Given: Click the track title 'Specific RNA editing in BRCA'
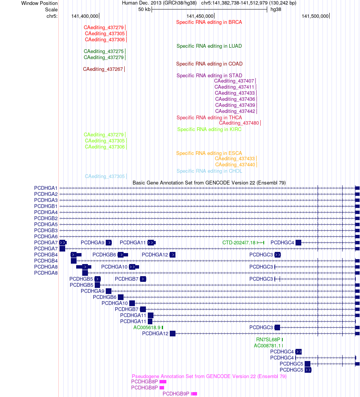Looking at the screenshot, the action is [x=209, y=22].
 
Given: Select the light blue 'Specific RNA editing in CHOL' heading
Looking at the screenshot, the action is [x=209, y=171].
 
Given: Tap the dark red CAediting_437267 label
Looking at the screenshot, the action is [x=103, y=69].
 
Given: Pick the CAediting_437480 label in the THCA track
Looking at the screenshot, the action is [x=239, y=123].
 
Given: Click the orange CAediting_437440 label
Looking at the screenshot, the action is [x=235, y=165].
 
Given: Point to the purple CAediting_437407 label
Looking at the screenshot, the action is [x=234, y=81].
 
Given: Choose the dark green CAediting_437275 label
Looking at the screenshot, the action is [x=103, y=52].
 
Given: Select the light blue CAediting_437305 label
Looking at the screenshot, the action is [x=105, y=177].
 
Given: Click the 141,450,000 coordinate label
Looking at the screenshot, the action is [x=200, y=16].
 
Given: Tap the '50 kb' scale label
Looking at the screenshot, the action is [x=144, y=9].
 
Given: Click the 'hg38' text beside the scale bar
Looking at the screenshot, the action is [x=276, y=9].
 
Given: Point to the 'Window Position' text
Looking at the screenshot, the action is [x=39, y=3].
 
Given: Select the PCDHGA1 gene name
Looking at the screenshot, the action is [x=46, y=188].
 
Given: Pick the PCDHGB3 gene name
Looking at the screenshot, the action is [x=46, y=231].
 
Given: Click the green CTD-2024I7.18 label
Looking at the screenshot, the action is [x=239, y=243].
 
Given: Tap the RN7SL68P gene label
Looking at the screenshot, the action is [x=268, y=340].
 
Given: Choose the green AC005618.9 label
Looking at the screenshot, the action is [x=147, y=328].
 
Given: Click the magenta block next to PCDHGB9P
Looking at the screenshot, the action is [x=194, y=394].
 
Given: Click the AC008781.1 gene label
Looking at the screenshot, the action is [x=267, y=346].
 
